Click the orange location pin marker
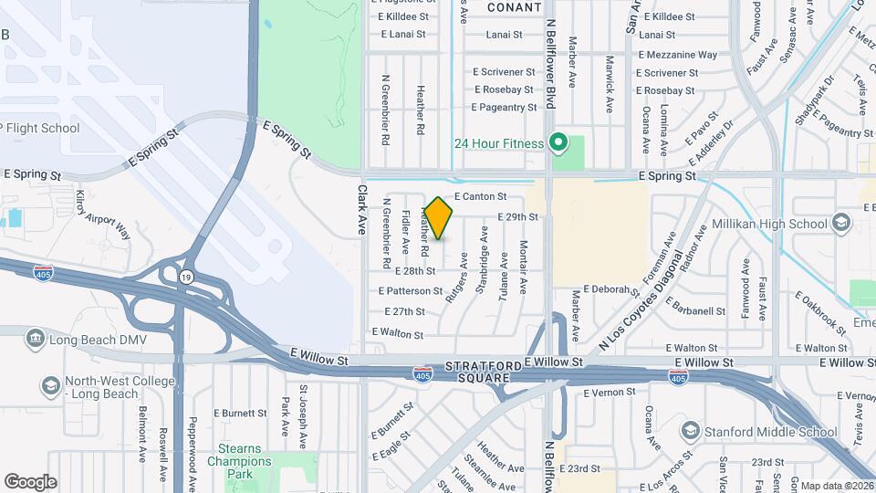click(438, 218)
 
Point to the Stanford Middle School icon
click(691, 431)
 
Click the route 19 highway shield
click(185, 277)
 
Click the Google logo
click(30, 482)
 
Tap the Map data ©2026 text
click(837, 486)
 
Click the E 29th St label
click(517, 216)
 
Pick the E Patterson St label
click(411, 291)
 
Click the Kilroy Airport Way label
click(103, 216)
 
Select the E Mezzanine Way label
click(678, 55)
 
